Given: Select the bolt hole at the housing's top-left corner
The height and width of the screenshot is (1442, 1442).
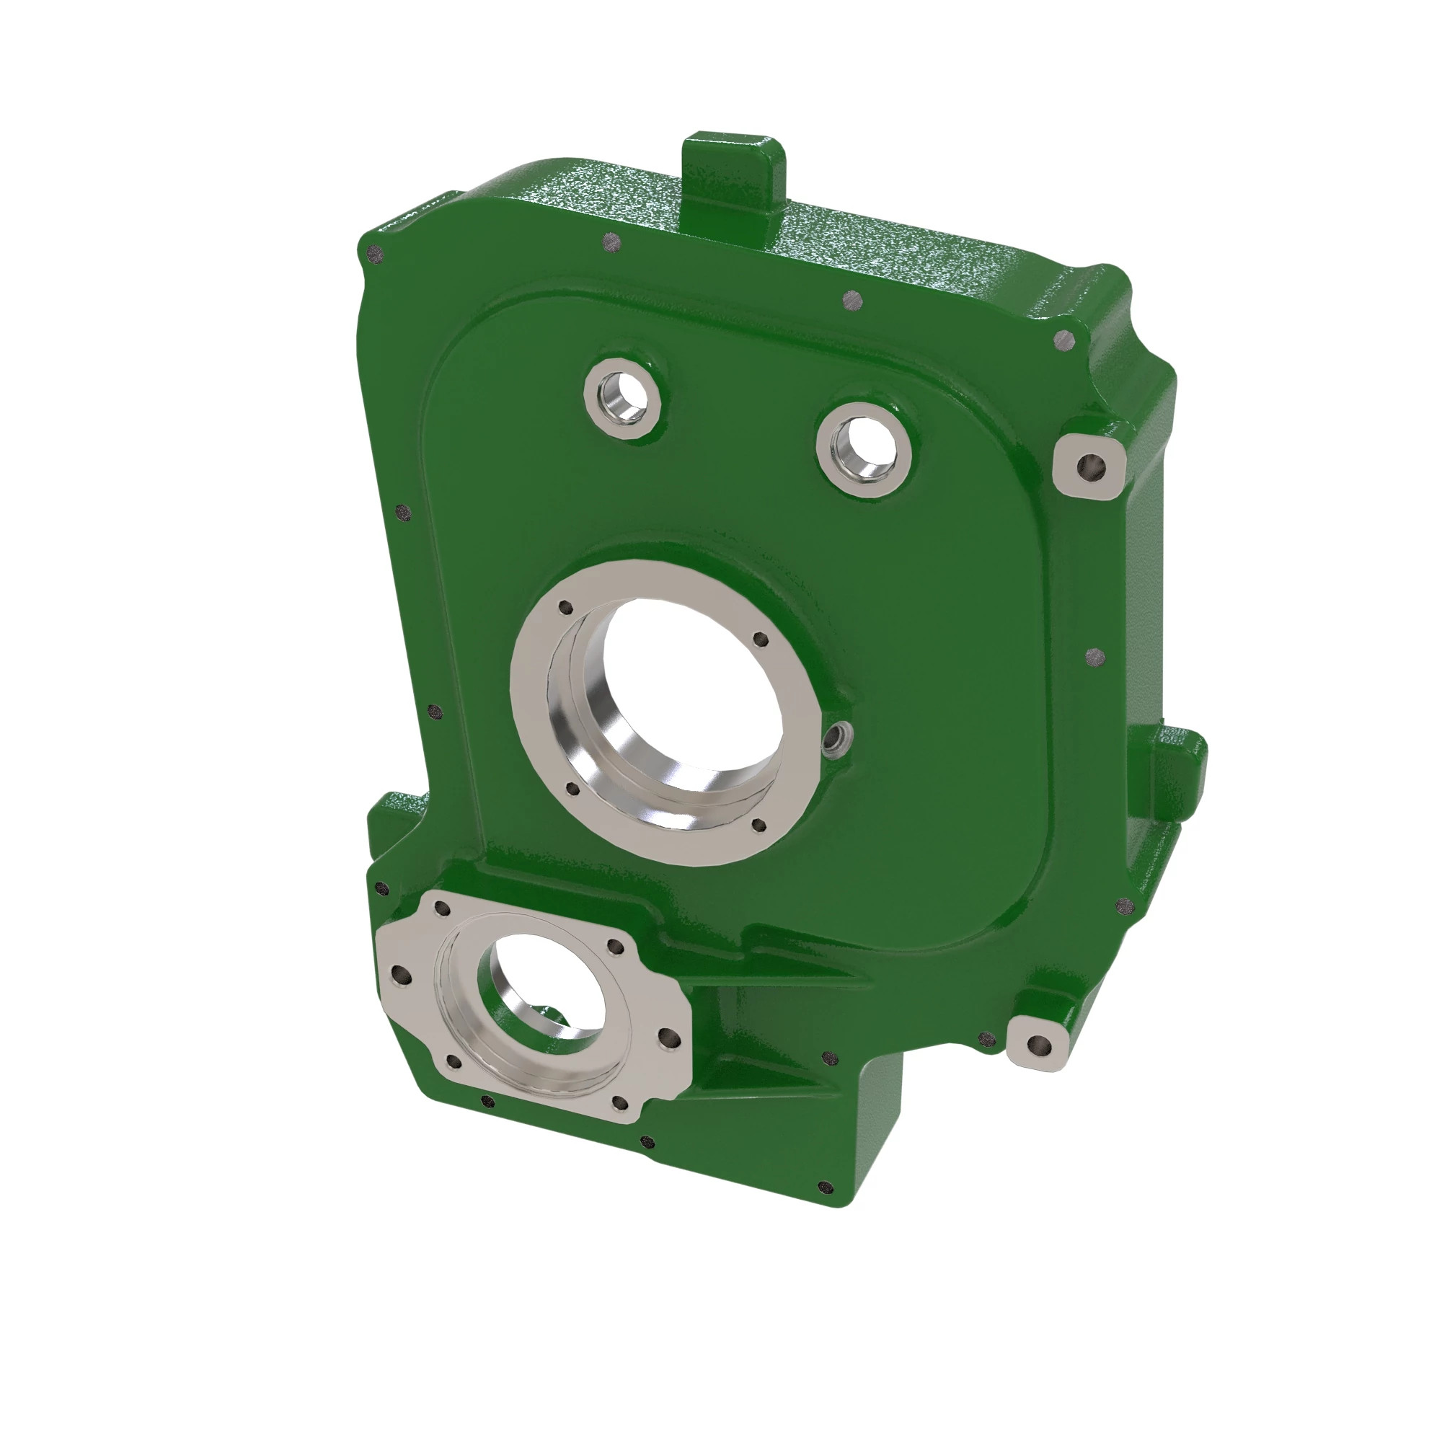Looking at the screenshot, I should [x=376, y=255].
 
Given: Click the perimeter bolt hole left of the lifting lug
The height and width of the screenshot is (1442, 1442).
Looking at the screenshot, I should [x=611, y=242].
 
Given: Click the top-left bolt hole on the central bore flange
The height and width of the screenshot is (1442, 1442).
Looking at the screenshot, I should [x=566, y=608].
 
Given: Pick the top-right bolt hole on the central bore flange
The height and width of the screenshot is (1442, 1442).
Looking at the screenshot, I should [x=761, y=640].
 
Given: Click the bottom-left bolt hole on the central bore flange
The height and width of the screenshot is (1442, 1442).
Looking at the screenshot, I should [x=572, y=788].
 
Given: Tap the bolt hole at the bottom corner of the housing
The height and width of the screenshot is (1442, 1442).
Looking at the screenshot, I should [x=825, y=1186].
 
